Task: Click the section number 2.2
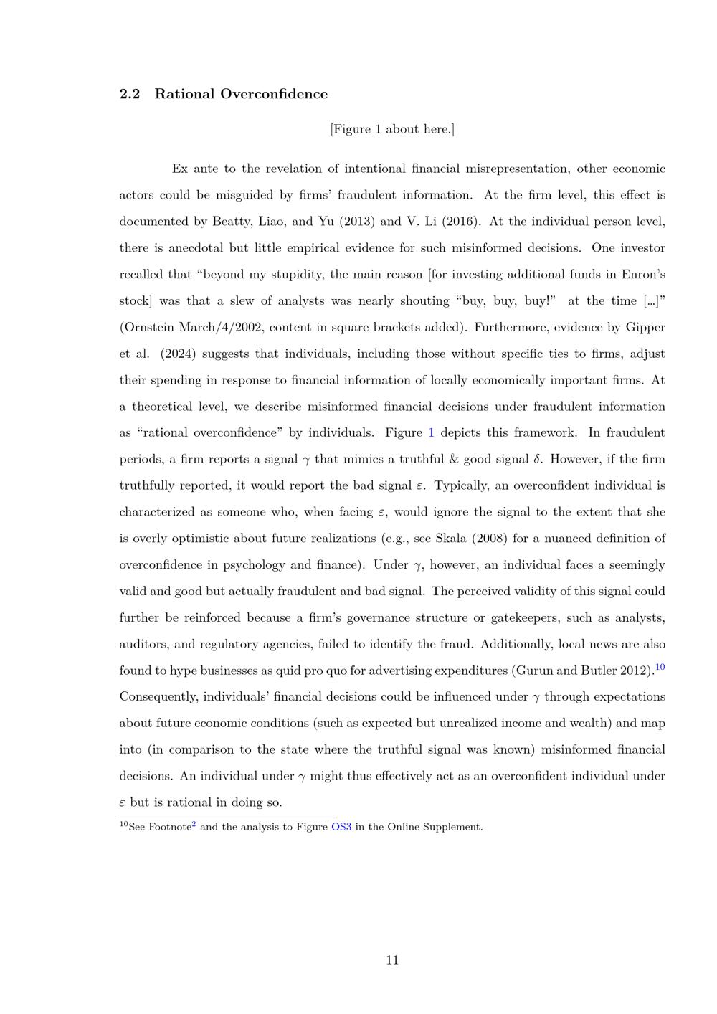point(129,94)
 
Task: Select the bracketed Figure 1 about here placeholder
point(392,129)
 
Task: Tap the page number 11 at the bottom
point(392,960)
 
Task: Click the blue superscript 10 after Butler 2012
point(660,668)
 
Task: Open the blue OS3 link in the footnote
point(341,827)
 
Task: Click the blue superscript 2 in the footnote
point(194,824)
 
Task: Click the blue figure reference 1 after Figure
point(431,432)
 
